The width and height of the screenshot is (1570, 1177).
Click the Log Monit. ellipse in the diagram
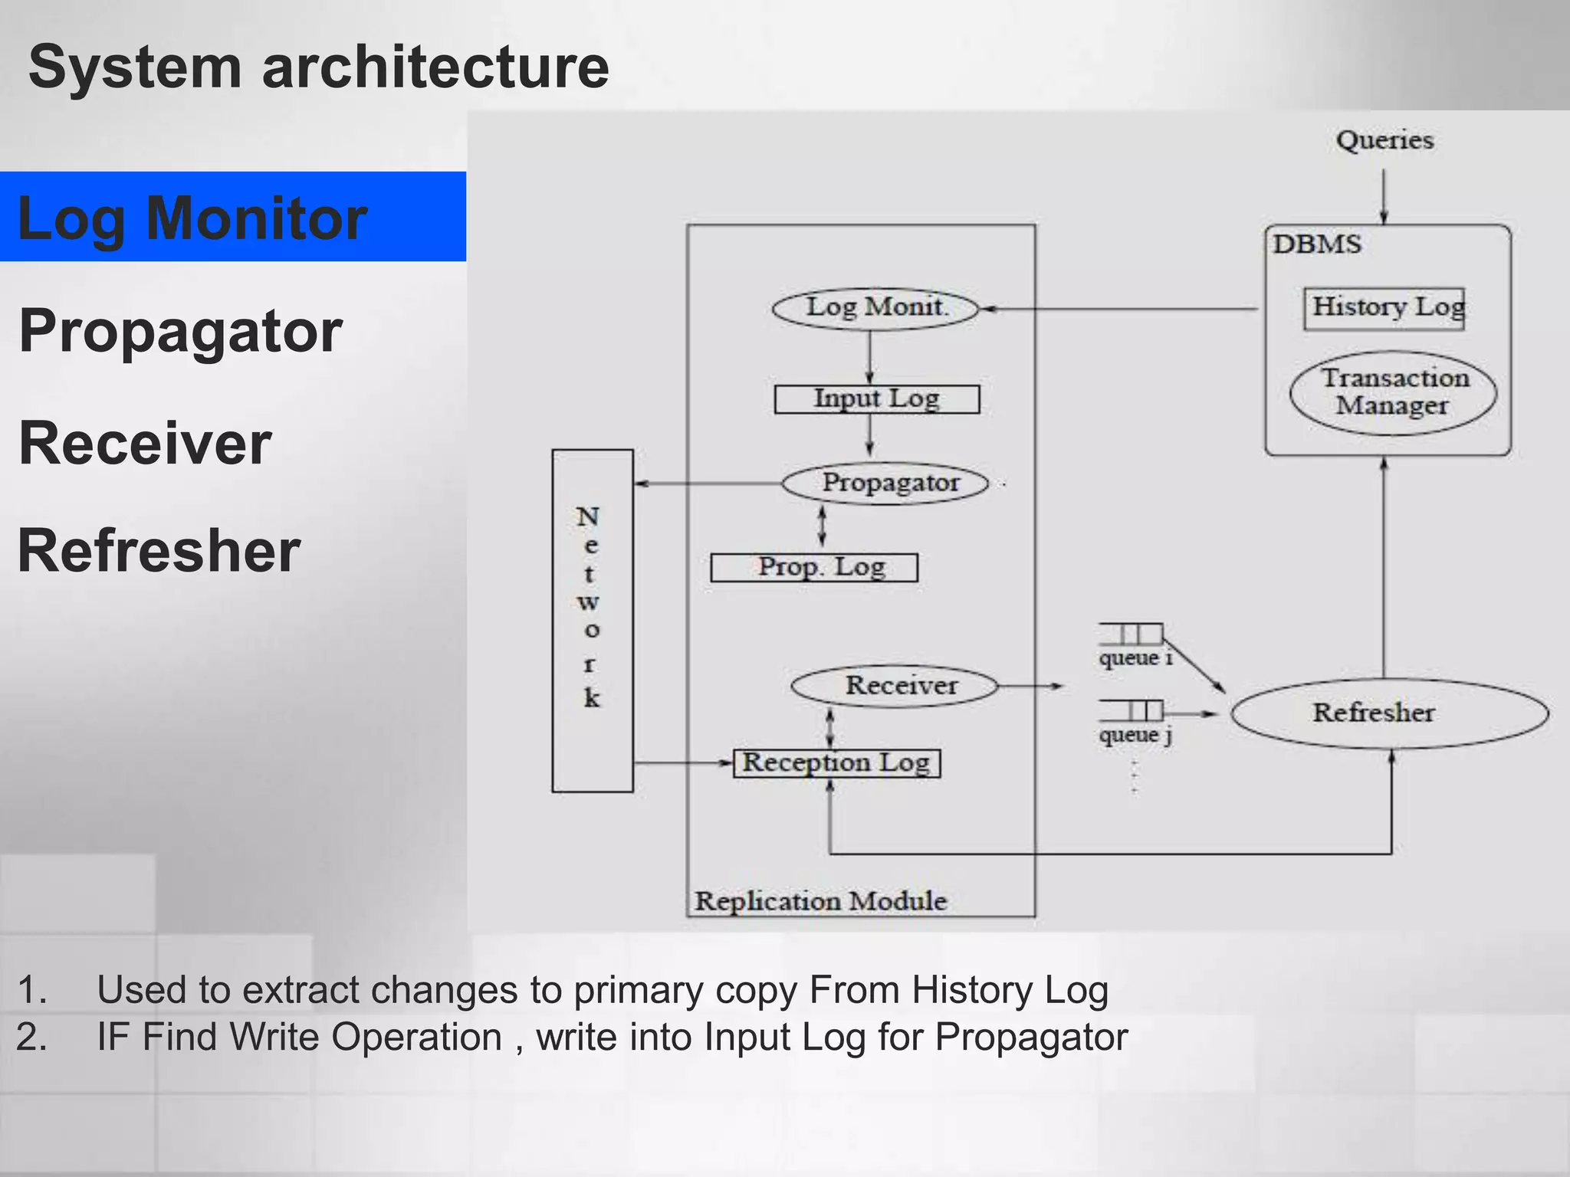click(x=875, y=309)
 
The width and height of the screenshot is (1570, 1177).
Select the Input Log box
click(x=876, y=399)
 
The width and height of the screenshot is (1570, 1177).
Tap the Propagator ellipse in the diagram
click(x=886, y=484)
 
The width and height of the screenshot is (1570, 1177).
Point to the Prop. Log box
click(x=814, y=568)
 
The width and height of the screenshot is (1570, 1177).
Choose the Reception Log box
click(x=836, y=763)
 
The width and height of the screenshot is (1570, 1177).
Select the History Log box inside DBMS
click(x=1384, y=308)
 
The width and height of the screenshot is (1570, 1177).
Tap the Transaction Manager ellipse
click(x=1393, y=392)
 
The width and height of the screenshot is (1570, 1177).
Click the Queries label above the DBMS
click(x=1384, y=140)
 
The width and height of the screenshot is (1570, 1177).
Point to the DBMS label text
click(x=1317, y=244)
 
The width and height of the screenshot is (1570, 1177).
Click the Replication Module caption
click(x=820, y=901)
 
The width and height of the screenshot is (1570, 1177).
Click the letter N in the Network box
click(x=588, y=517)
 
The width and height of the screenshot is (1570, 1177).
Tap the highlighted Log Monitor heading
click(x=192, y=218)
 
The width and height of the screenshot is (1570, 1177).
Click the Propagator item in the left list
click(x=181, y=331)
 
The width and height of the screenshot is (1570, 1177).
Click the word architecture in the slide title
click(x=435, y=67)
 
